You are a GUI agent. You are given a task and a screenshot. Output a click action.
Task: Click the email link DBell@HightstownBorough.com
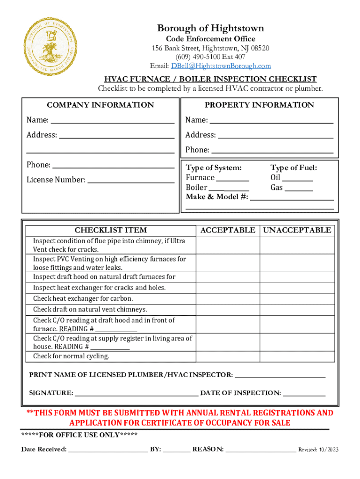pos(221,66)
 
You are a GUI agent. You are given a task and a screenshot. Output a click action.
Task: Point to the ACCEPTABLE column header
pos(228,230)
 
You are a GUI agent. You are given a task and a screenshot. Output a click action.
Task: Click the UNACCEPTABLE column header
pos(297,230)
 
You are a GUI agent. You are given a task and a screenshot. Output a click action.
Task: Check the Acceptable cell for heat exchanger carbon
pos(228,299)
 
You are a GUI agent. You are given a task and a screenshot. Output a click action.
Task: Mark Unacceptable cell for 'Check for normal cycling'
pos(297,356)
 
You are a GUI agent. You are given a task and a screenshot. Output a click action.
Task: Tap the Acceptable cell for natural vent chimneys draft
pos(228,310)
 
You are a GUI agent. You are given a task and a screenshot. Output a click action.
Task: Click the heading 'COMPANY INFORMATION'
pos(101,105)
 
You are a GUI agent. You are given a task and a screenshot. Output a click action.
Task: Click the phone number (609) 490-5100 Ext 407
pos(210,57)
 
